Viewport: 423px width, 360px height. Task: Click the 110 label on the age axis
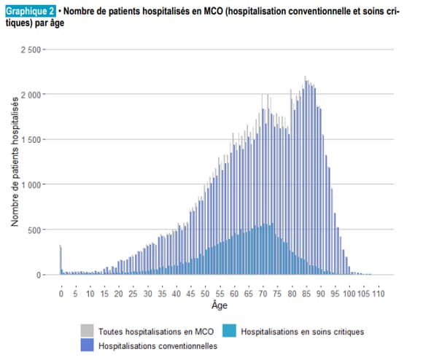(379, 294)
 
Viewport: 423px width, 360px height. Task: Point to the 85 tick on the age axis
(306, 294)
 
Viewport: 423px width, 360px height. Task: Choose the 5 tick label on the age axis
(75, 294)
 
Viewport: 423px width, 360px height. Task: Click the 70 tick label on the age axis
(263, 294)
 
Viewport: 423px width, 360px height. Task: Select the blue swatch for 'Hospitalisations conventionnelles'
(87, 345)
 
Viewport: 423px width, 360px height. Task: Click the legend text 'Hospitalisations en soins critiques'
(301, 332)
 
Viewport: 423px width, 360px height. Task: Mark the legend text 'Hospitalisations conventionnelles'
(158, 345)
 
